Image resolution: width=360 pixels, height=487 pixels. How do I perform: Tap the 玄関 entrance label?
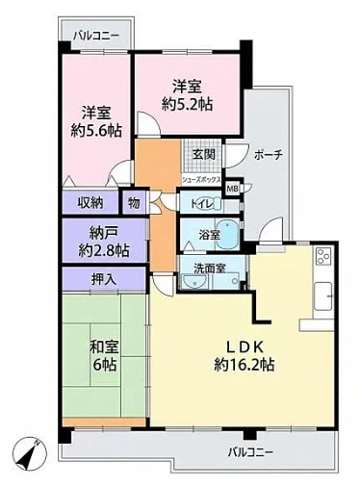[x=203, y=155]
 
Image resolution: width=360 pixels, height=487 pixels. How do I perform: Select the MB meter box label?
[x=232, y=189]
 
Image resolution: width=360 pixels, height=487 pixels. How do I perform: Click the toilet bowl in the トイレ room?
[x=209, y=204]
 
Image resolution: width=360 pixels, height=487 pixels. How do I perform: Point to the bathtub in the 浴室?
[x=227, y=234]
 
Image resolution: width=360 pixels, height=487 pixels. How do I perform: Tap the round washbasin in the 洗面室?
[x=193, y=281]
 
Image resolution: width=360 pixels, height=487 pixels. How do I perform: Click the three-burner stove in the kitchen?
[x=323, y=256]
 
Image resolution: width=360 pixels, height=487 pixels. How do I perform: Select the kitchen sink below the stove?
[x=322, y=295]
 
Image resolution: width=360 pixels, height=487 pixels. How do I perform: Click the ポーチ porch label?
[x=269, y=155]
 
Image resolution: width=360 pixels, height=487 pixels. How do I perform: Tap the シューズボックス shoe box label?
[x=201, y=179]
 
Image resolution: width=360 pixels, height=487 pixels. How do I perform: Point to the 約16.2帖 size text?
[x=244, y=365]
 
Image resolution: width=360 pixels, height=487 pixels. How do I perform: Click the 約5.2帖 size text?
[x=188, y=104]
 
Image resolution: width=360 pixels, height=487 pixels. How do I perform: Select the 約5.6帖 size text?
[x=96, y=130]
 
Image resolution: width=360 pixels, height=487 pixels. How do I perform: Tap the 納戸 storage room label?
[x=104, y=233]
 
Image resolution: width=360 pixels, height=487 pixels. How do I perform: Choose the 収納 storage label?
[x=90, y=203]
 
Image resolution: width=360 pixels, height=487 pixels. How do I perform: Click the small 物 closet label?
[x=134, y=203]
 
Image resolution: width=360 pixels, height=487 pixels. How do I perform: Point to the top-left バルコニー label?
[x=96, y=35]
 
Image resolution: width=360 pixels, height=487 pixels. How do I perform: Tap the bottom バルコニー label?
[x=250, y=452]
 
